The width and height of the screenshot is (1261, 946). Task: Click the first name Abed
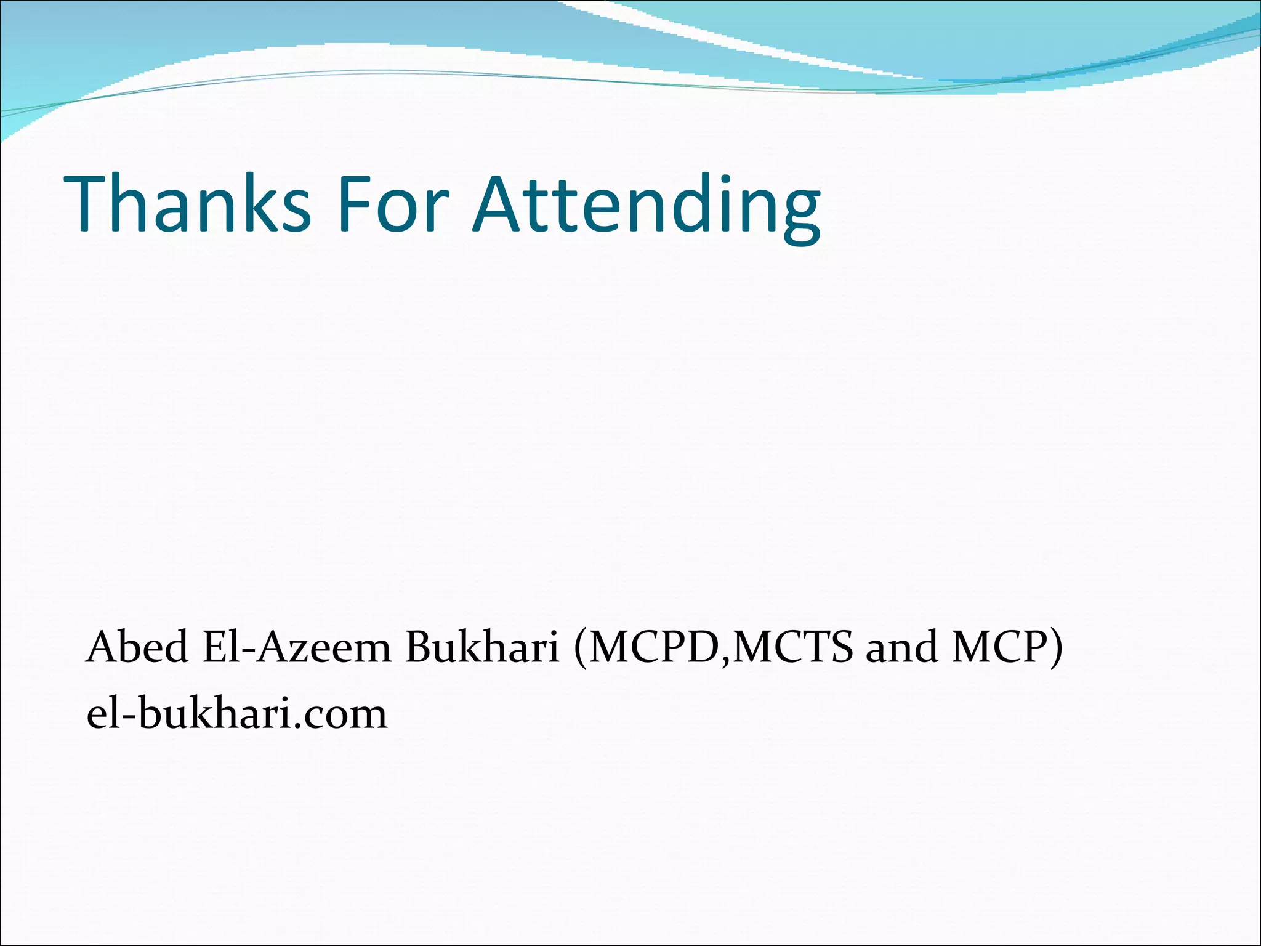[137, 648]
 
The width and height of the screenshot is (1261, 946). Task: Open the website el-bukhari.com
[237, 714]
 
